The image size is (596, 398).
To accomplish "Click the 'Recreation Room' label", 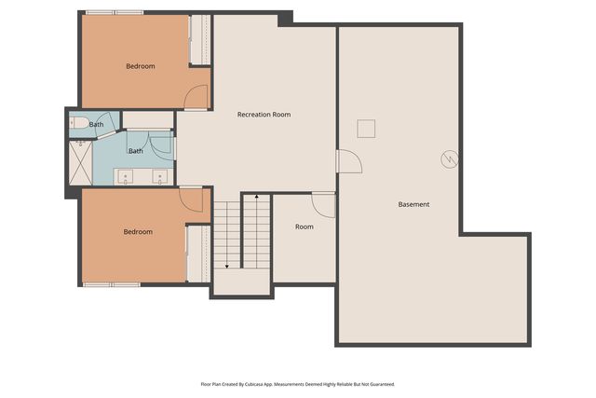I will pyautogui.click(x=264, y=115).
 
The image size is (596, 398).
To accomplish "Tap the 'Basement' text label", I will pyautogui.click(x=413, y=204).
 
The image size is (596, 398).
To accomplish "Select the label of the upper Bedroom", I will pyautogui.click(x=140, y=66).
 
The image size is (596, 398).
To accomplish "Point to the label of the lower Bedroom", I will pyautogui.click(x=138, y=231).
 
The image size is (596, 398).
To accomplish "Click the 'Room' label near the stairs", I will pyautogui.click(x=304, y=226).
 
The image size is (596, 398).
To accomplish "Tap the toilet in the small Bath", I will pyautogui.click(x=80, y=122).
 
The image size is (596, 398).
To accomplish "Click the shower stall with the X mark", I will pyautogui.click(x=80, y=161).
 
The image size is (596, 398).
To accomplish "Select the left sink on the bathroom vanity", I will pyautogui.click(x=126, y=175).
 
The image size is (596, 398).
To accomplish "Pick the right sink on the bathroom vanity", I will pyautogui.click(x=160, y=175).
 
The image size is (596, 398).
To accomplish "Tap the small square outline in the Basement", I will pyautogui.click(x=366, y=129).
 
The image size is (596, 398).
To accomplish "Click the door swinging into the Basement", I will pyautogui.click(x=348, y=162).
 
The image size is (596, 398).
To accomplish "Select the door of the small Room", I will pyautogui.click(x=323, y=204).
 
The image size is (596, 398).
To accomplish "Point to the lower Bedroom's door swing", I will pyautogui.click(x=192, y=199).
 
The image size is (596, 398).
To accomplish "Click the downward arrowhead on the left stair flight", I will pyautogui.click(x=226, y=266).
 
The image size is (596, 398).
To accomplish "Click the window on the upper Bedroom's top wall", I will pyautogui.click(x=115, y=12).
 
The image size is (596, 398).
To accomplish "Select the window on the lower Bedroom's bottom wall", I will pyautogui.click(x=111, y=283).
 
